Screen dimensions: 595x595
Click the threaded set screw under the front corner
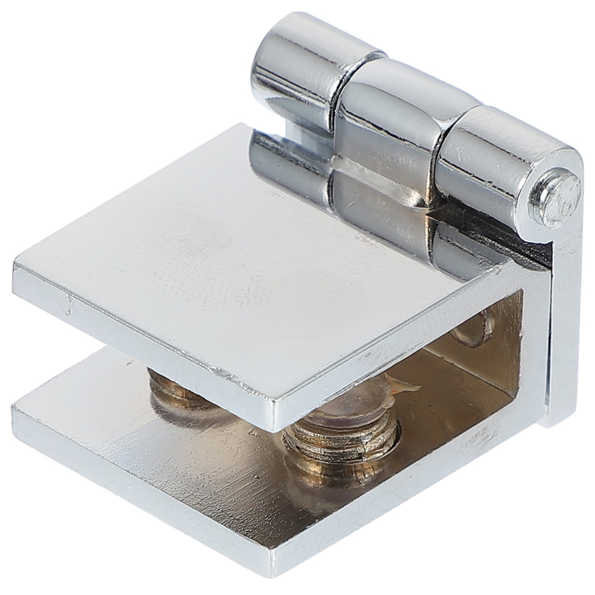(x=341, y=442)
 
